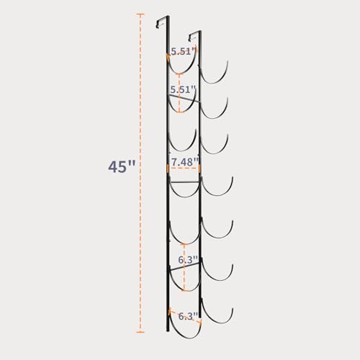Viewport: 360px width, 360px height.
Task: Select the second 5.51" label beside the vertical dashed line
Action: pos(182,89)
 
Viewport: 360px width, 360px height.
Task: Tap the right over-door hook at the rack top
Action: pos(194,34)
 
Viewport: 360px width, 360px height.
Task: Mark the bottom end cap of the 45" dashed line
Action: pos(140,332)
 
